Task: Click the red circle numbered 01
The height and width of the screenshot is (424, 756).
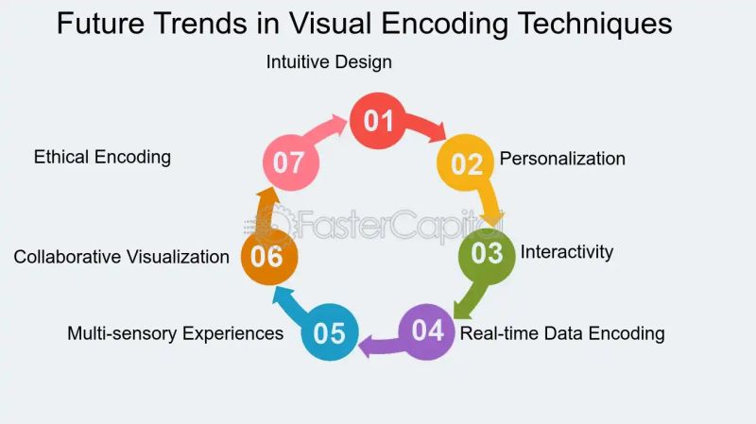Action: pos(378,121)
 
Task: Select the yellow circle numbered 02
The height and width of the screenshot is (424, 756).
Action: pos(466,163)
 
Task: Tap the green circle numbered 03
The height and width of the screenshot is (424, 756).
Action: pos(488,253)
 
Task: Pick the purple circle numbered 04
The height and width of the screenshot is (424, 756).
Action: pos(427,331)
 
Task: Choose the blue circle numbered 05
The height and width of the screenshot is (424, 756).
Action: pos(330,332)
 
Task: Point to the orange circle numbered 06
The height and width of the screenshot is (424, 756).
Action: pos(269,256)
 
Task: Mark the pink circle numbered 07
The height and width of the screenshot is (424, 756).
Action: pos(290,162)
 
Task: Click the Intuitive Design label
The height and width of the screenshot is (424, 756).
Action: pos(329,62)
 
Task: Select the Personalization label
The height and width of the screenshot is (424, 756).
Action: pos(562,159)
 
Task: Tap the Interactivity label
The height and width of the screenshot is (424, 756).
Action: pos(567,252)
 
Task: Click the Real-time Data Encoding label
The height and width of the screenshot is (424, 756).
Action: pos(562,333)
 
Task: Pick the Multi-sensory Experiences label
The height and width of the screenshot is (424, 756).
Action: pos(175,333)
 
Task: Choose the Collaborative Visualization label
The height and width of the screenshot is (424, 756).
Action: pos(121,257)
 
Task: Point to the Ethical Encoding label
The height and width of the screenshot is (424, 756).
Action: pos(102,157)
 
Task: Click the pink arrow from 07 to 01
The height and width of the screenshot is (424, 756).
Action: pos(328,132)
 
